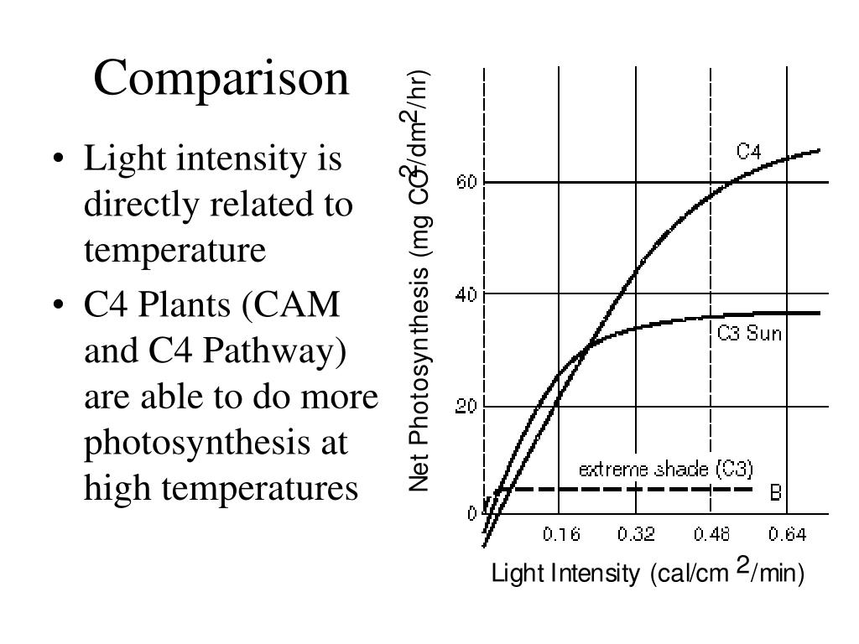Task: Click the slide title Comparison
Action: (221, 79)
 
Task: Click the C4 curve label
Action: (748, 152)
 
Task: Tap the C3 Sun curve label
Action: (749, 334)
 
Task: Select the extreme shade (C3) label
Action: (666, 469)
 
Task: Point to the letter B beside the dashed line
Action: (776, 493)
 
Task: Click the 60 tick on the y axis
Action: (467, 182)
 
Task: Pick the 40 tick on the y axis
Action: (467, 294)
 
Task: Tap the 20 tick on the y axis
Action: (467, 407)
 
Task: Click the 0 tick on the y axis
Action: (472, 513)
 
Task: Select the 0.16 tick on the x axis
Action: (561, 534)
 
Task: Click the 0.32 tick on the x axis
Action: (637, 534)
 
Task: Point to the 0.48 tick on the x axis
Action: (712, 534)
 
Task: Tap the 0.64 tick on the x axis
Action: (787, 534)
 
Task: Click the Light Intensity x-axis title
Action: (648, 574)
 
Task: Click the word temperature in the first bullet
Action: (174, 250)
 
